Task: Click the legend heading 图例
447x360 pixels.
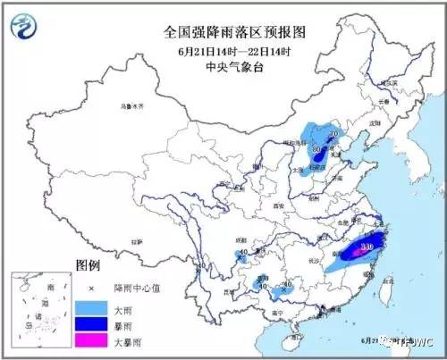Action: click(x=87, y=266)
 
